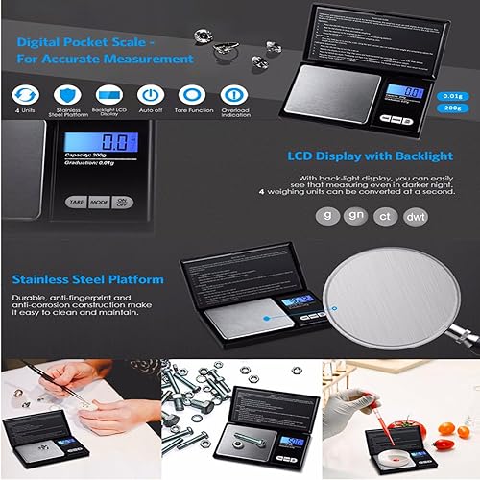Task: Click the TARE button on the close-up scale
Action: click(x=74, y=202)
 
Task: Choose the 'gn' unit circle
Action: click(x=355, y=214)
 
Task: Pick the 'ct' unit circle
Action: click(x=385, y=214)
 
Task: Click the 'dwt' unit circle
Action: click(x=416, y=214)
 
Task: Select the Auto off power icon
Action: click(x=150, y=94)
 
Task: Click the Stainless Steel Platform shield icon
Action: click(x=66, y=94)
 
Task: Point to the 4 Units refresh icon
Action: click(x=25, y=94)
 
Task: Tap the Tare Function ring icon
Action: click(x=192, y=94)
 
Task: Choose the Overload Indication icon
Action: click(x=234, y=94)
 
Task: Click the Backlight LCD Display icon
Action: click(x=108, y=94)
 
